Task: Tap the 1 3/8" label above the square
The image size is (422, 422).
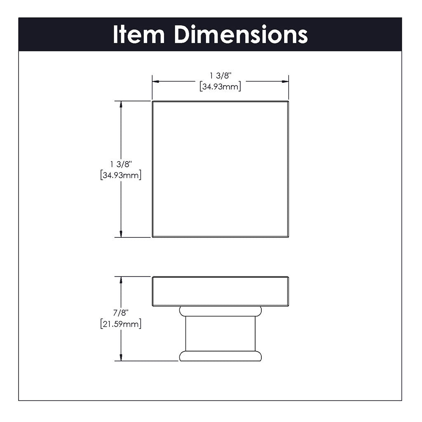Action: [220, 76]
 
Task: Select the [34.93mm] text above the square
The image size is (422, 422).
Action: [220, 87]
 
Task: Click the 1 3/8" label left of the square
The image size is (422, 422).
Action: [121, 164]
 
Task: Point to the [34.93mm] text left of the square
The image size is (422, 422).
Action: [121, 176]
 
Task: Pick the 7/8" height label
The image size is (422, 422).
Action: [121, 313]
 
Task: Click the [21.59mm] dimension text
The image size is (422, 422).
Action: [121, 324]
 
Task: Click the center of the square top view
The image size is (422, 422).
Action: [220, 169]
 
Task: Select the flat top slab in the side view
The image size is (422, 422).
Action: [220, 291]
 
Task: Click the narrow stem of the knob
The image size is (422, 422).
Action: [220, 334]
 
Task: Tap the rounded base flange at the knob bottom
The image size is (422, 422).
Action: [220, 356]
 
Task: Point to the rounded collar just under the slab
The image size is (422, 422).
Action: [220, 311]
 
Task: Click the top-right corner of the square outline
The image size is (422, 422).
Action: [288, 101]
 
